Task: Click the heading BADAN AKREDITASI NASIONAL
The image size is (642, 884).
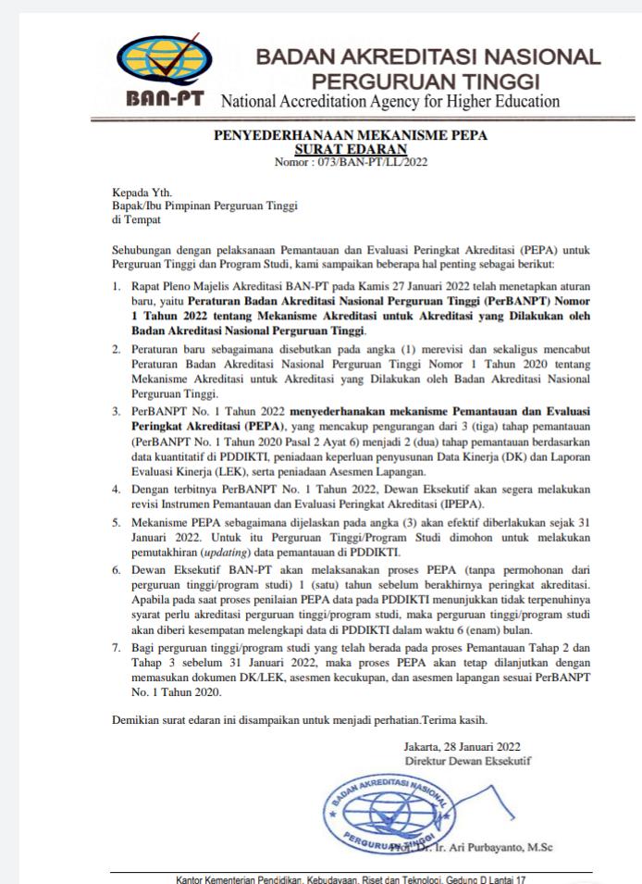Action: [427, 57]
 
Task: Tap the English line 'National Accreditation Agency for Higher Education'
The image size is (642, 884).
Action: [389, 100]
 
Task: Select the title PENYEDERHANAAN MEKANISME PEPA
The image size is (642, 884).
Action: [351, 135]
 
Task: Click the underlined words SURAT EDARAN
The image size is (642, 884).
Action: [351, 148]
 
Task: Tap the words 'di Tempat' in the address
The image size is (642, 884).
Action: [135, 219]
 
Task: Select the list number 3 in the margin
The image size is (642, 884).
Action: [115, 408]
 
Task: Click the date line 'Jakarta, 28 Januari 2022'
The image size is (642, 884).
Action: [463, 746]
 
